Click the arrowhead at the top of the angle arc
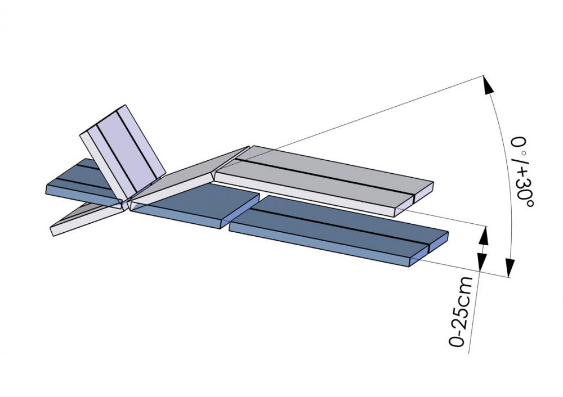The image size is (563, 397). coord(488,85)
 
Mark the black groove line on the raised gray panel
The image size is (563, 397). coord(327,174)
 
